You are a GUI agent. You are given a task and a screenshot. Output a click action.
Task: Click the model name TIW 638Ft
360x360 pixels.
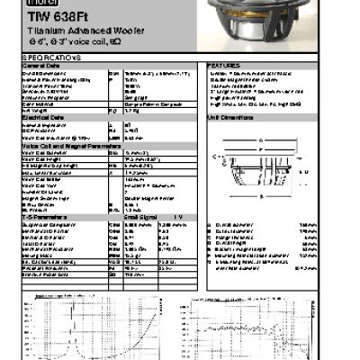[49, 16]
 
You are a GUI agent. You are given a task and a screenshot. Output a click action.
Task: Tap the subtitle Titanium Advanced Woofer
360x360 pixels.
[72, 30]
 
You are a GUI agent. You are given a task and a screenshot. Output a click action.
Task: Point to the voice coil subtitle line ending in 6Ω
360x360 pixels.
[68, 41]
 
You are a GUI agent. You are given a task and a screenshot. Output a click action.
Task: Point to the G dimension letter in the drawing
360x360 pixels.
[261, 139]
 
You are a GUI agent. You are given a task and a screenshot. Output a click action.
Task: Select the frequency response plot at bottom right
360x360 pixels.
[270, 328]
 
